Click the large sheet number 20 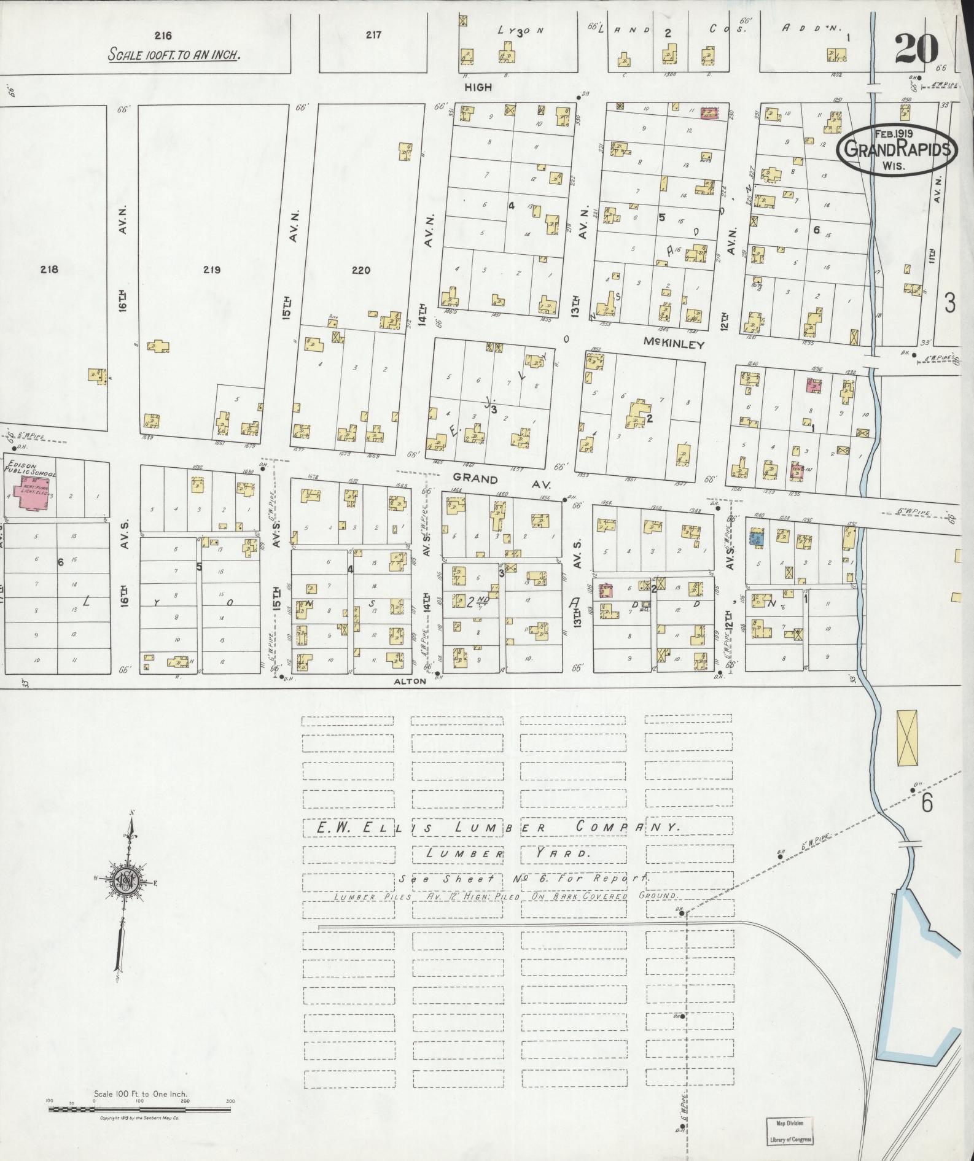(916, 49)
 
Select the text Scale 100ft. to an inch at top (174, 54)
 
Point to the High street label (478, 87)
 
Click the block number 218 (49, 268)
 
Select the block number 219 (212, 269)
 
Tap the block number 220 (361, 269)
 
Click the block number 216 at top (163, 35)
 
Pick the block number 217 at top (373, 35)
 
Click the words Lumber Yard (507, 853)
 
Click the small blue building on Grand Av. (756, 538)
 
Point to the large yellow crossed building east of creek (907, 737)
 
